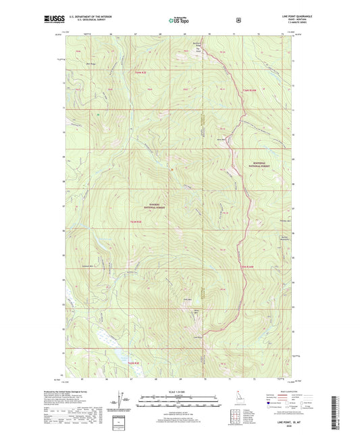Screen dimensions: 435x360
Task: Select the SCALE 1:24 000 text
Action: (180, 392)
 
